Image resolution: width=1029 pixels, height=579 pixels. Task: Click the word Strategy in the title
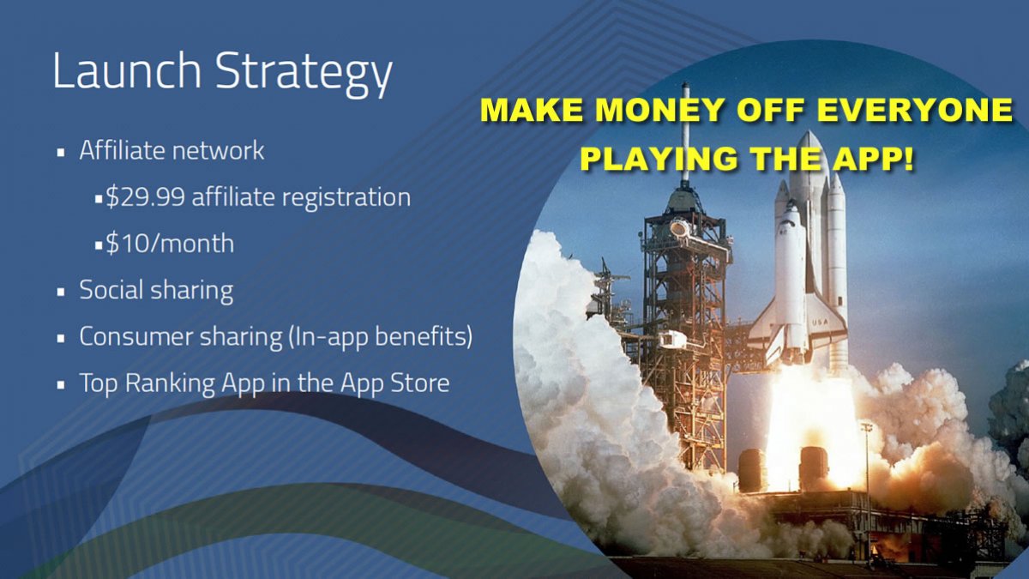[304, 74]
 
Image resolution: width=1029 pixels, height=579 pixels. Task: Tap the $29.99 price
[146, 196]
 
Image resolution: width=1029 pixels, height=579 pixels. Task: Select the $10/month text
[170, 243]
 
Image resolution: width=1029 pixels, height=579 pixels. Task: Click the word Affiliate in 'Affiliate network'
[122, 150]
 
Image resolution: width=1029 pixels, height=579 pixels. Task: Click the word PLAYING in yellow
[661, 160]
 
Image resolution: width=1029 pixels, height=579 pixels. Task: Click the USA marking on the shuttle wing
[820, 323]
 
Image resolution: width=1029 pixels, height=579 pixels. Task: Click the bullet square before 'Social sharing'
[61, 292]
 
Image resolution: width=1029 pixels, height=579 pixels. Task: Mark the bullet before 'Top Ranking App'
[61, 385]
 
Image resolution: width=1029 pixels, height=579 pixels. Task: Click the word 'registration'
[346, 198]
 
